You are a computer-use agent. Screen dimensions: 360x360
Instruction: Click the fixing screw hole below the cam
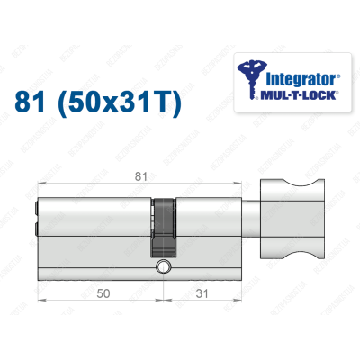click(x=163, y=268)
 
